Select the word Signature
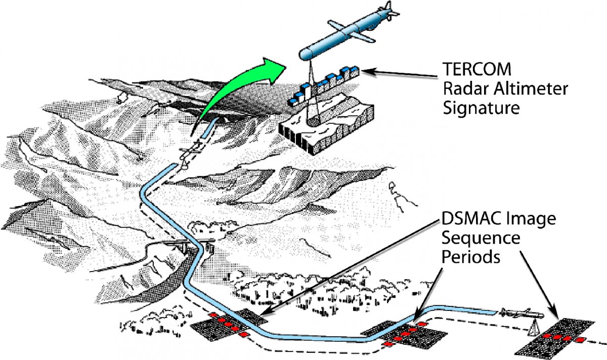(x=481, y=108)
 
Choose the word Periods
(x=471, y=256)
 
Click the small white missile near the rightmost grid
(x=522, y=313)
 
